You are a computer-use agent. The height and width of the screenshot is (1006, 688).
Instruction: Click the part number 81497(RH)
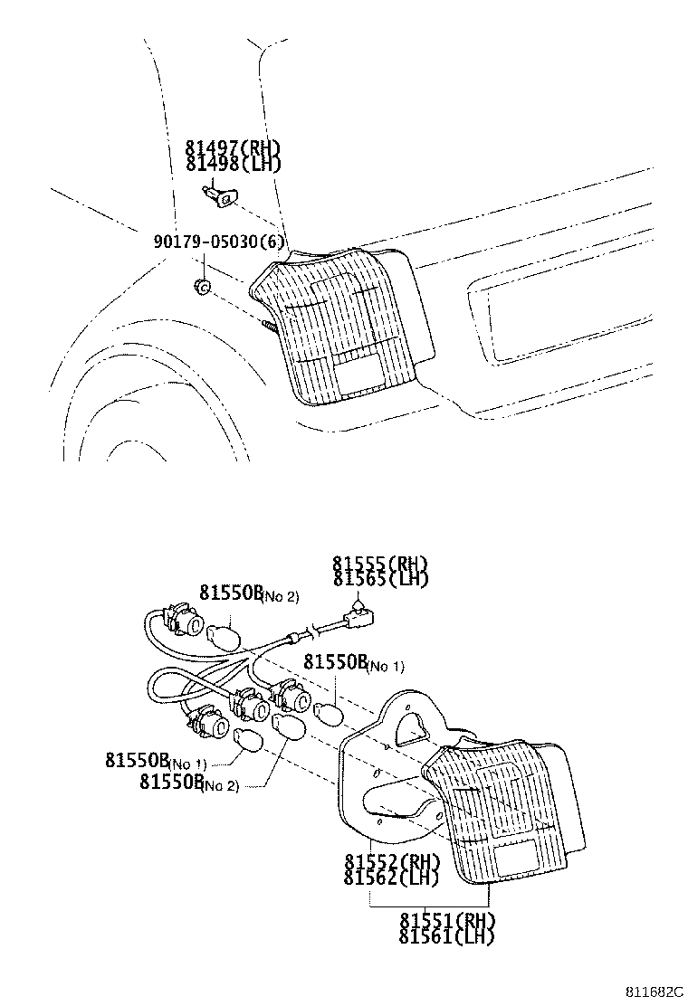(x=234, y=148)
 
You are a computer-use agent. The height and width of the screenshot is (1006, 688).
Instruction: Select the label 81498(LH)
(x=234, y=164)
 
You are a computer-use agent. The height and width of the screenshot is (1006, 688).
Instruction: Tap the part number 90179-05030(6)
(x=219, y=242)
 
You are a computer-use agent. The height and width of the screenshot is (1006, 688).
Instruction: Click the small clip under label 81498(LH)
(x=220, y=193)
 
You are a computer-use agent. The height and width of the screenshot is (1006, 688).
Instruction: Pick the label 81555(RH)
(x=379, y=563)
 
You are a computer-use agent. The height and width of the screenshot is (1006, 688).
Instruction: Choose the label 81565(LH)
(x=379, y=578)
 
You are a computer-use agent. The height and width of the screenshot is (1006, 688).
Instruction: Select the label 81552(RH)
(x=391, y=860)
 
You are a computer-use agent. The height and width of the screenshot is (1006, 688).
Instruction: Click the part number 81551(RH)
(x=447, y=920)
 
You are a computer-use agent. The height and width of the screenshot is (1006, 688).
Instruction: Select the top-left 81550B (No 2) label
(x=248, y=593)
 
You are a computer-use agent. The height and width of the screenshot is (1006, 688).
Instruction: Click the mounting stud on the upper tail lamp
(x=268, y=323)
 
